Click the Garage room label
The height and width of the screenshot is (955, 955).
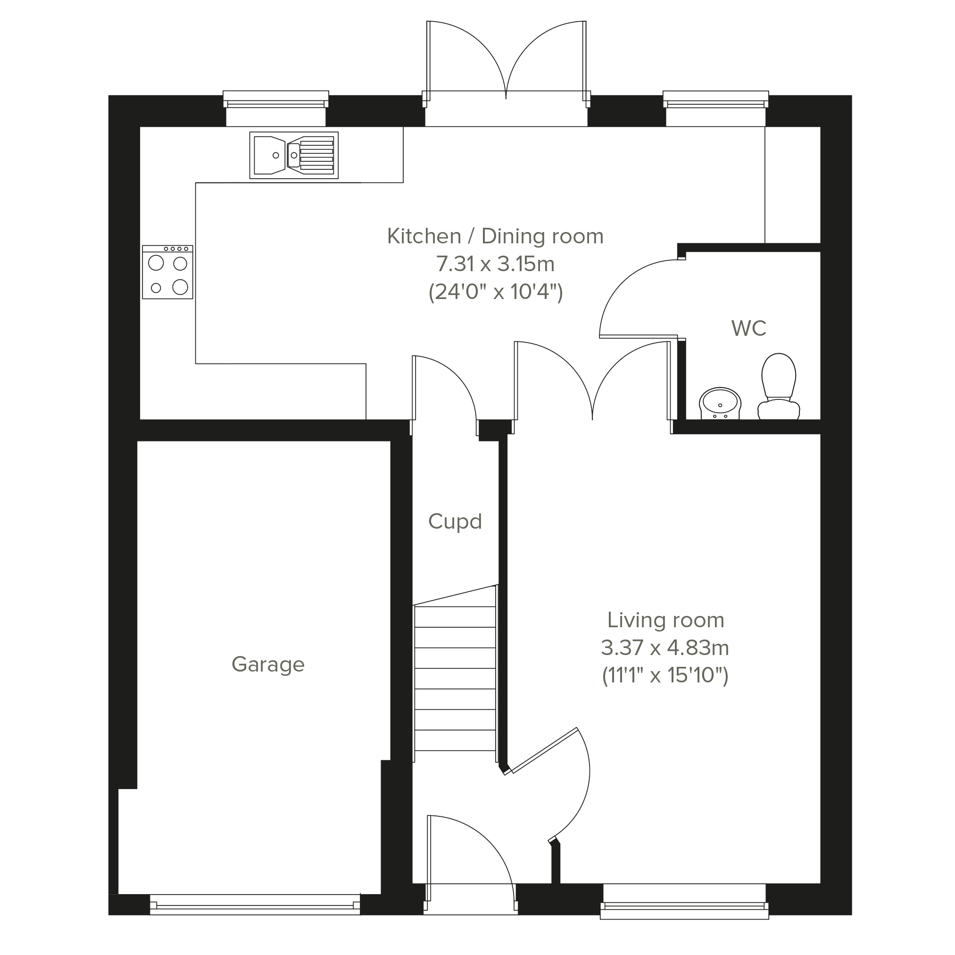point(268,665)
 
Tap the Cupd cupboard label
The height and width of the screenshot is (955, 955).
point(455,522)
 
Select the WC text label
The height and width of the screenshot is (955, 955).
point(749,328)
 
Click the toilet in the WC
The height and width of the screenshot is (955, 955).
point(779,386)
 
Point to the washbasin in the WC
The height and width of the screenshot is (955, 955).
point(720,403)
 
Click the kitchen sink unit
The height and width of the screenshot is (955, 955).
point(294,155)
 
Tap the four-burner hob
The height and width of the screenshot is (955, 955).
point(167,273)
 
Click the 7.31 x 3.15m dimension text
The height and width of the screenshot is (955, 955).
point(495,264)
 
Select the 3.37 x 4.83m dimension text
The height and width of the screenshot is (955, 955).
point(665,648)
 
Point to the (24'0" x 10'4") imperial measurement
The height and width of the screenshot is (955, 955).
point(496,291)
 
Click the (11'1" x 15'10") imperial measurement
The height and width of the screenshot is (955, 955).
point(665,675)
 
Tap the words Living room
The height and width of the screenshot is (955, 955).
point(665,620)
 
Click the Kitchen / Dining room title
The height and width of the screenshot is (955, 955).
point(495,236)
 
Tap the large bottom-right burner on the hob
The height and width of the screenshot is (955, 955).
point(181,287)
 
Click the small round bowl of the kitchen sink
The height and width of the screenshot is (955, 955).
point(294,155)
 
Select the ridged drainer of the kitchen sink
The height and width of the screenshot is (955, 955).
point(317,155)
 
